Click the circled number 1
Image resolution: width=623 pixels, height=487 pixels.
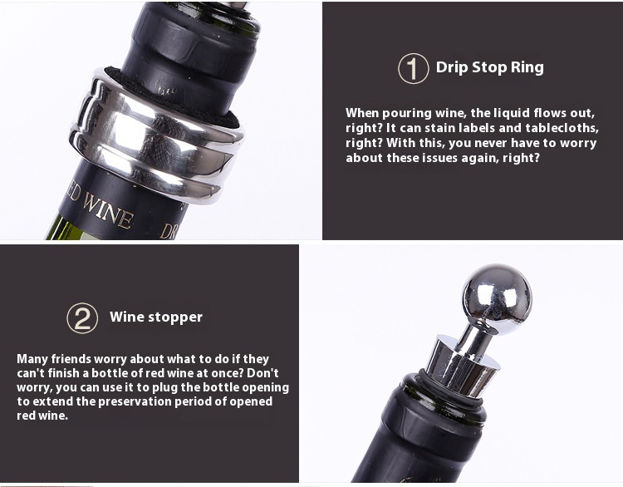click(413, 68)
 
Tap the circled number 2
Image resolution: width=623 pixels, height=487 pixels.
click(82, 318)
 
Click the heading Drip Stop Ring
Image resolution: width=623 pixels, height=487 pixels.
click(489, 67)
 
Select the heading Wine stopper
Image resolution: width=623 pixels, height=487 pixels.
click(156, 317)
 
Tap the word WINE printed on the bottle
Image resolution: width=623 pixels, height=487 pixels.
click(107, 212)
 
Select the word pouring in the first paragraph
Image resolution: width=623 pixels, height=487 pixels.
click(406, 114)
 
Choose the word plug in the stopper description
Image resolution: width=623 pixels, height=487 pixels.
click(164, 388)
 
